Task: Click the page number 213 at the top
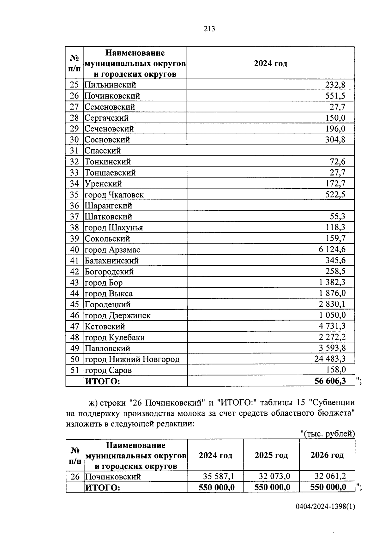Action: (x=209, y=29)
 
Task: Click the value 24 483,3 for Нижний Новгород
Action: (x=330, y=359)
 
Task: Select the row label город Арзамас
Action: (x=112, y=250)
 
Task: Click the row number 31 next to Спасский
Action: (x=74, y=151)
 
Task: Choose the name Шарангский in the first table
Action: (x=108, y=206)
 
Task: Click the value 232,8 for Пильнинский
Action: (x=335, y=85)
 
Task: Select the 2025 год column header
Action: (x=271, y=455)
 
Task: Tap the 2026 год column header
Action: (x=327, y=455)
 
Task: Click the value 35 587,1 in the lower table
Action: (x=218, y=476)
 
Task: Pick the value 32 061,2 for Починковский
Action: (x=330, y=476)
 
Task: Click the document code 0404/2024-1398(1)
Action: (x=325, y=507)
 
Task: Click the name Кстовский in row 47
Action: (x=105, y=327)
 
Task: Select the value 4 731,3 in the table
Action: (x=332, y=326)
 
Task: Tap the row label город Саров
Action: (x=108, y=370)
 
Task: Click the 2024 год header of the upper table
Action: (x=270, y=63)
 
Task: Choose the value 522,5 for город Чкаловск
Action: (x=335, y=195)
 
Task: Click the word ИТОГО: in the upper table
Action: (x=103, y=382)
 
